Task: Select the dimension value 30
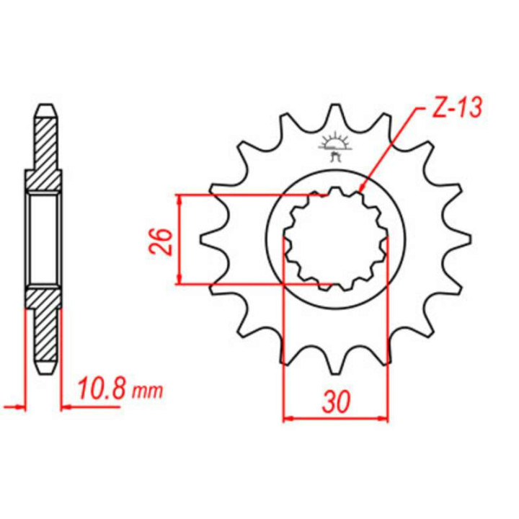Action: (336, 402)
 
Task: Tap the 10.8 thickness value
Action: (102, 389)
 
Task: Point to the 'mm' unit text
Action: (148, 391)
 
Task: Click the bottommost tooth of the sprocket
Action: (335, 365)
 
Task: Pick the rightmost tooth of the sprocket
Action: (458, 239)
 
